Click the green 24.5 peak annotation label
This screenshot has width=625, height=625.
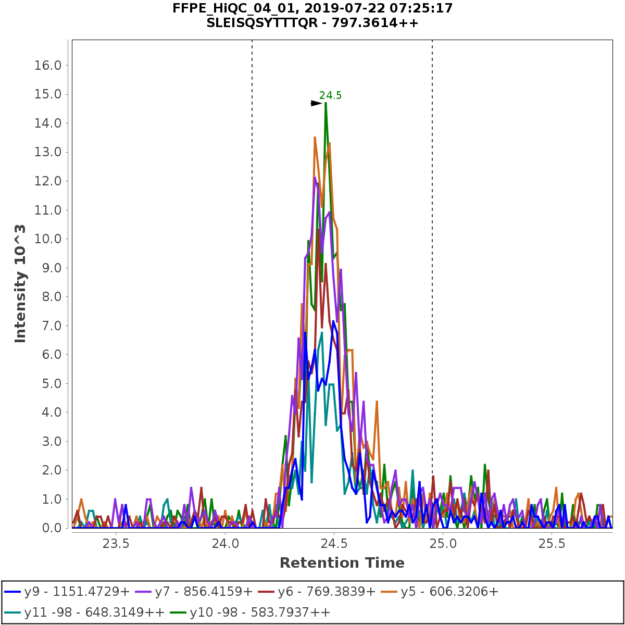330,95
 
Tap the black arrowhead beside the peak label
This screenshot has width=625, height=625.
316,103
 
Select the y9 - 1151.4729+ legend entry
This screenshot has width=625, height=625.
67,592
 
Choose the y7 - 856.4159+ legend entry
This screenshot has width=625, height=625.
194,592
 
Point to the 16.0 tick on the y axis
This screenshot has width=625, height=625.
47,66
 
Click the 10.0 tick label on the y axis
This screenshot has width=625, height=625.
47,239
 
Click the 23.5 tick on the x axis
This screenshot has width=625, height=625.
116,544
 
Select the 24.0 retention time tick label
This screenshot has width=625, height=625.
224,544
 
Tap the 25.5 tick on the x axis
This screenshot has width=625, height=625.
552,544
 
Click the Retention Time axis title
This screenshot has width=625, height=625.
342,563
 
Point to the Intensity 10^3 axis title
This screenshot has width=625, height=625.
20,284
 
